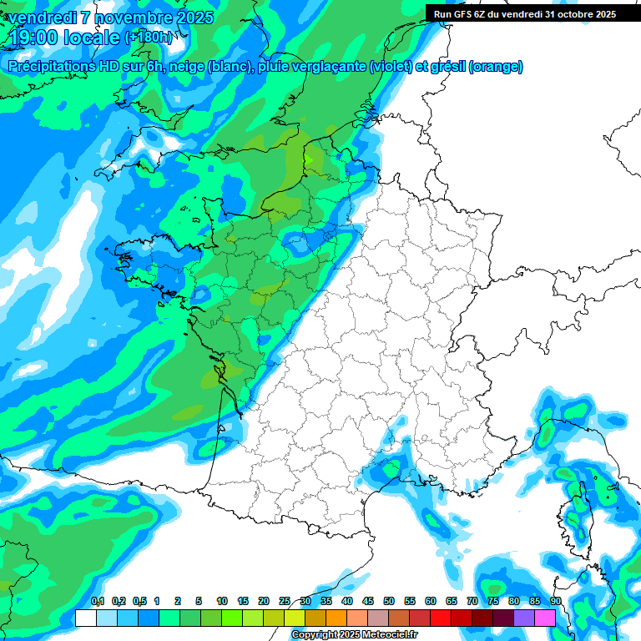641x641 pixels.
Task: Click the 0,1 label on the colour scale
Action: coord(98,601)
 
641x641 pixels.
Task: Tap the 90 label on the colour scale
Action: coord(556,601)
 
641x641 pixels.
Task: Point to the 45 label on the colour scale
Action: coord(368,601)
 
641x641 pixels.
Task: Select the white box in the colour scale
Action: coord(85,618)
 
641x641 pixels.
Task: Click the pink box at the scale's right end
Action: coord(545,618)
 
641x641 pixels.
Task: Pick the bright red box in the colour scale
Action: coord(441,618)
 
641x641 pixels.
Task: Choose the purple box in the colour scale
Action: coord(524,618)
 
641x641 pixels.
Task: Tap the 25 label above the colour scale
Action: coord(285,601)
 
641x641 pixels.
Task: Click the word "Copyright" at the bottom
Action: coord(315,635)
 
